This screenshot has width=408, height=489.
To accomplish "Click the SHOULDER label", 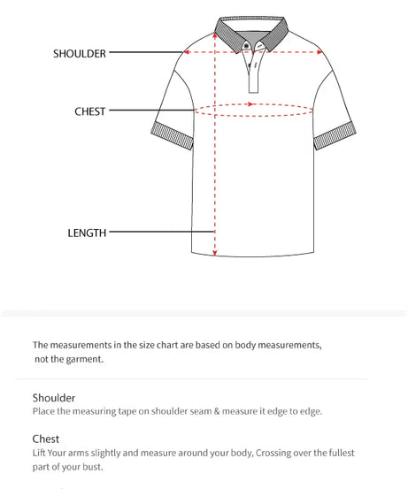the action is click(79, 53).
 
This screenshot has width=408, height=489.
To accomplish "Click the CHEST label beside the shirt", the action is click(89, 111).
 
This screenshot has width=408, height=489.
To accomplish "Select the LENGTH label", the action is click(87, 233).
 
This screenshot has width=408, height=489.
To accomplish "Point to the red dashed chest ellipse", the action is click(254, 111).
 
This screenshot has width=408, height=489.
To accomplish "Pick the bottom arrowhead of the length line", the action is click(214, 250).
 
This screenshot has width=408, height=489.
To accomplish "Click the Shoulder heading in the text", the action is click(54, 398).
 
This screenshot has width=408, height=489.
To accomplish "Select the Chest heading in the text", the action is click(46, 439).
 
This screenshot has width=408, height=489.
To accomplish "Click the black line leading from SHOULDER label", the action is click(146, 52).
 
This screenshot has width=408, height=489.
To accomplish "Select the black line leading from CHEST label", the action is click(150, 111).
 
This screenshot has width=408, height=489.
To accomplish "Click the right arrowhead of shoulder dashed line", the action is click(320, 52).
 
